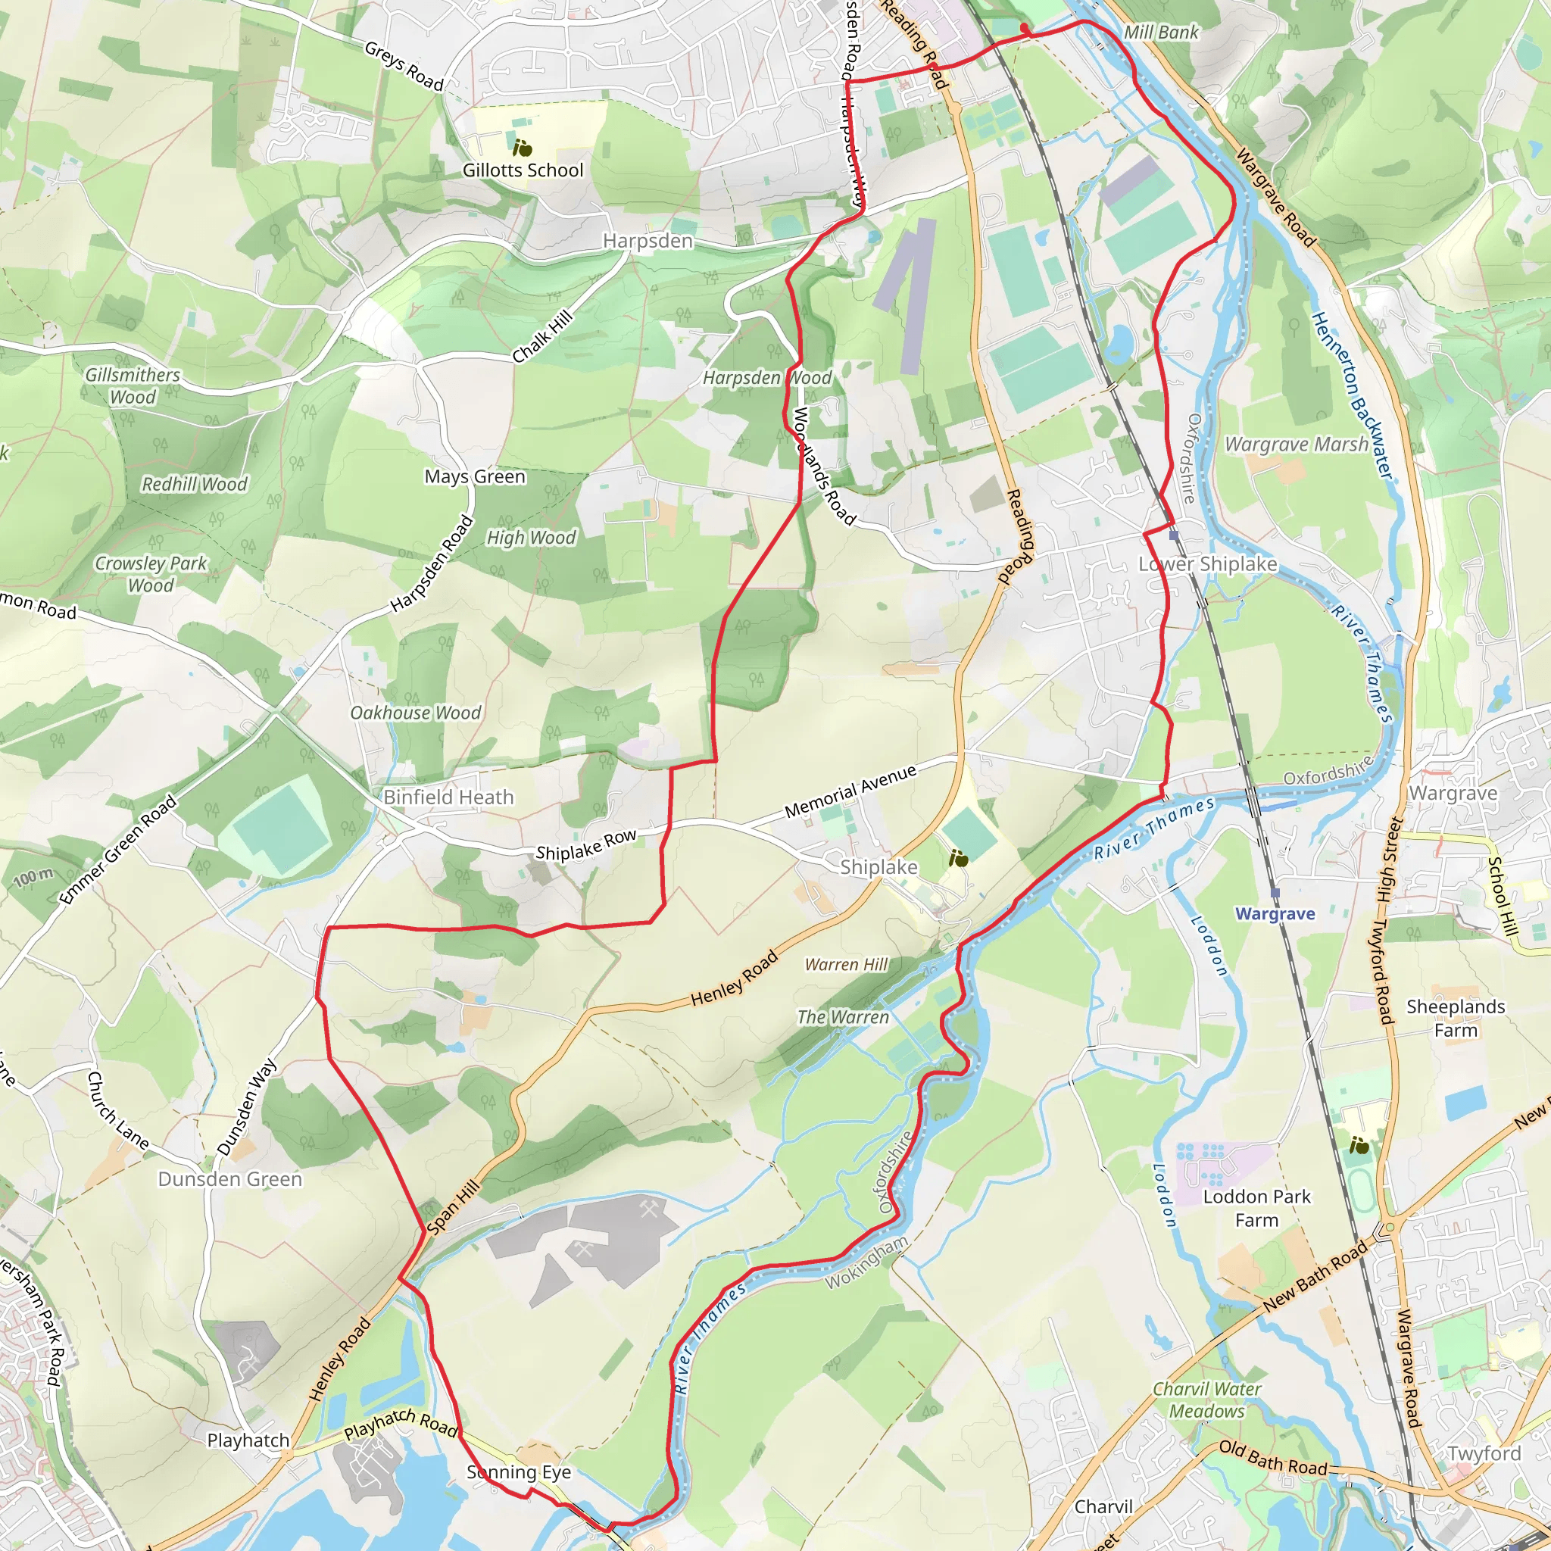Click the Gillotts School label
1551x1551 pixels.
[523, 170]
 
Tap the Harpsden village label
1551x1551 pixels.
[648, 241]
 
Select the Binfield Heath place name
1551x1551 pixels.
[448, 797]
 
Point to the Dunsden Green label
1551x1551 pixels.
[229, 1178]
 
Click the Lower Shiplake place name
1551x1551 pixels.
[1207, 564]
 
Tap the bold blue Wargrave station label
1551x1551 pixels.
[1275, 913]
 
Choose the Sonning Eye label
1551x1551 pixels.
[519, 1471]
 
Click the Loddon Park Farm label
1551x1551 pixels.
[1256, 1208]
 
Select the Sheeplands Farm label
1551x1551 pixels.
[1456, 1018]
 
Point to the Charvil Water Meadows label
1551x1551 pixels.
[1206, 1400]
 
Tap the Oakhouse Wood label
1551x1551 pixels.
[415, 713]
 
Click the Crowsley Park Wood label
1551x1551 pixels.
[151, 574]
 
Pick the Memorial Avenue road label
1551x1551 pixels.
[850, 791]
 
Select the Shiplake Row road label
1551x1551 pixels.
[586, 845]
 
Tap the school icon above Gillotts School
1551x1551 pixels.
[523, 148]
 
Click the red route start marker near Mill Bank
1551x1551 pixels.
[1025, 29]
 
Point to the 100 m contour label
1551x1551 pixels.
[34, 878]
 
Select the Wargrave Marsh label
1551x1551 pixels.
[1296, 445]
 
